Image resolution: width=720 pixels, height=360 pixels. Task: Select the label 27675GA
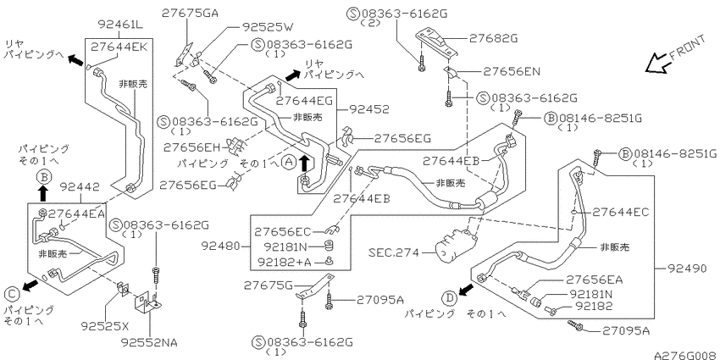pyautogui.click(x=189, y=14)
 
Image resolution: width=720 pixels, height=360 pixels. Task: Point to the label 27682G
pyautogui.click(x=493, y=39)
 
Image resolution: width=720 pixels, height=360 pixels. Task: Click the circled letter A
pyautogui.click(x=288, y=162)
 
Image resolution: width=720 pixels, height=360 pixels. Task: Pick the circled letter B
pyautogui.click(x=43, y=177)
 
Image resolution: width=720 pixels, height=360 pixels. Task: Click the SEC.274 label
pyautogui.click(x=394, y=252)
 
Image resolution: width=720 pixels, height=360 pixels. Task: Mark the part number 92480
pyautogui.click(x=220, y=246)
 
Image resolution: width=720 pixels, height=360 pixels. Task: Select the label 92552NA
pyautogui.click(x=149, y=342)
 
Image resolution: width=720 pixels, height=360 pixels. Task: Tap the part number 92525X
pyautogui.click(x=105, y=326)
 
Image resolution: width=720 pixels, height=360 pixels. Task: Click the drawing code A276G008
pyautogui.click(x=686, y=355)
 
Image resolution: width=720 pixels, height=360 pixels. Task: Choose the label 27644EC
pyautogui.click(x=621, y=212)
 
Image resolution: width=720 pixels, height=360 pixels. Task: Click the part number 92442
pyautogui.click(x=80, y=187)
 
